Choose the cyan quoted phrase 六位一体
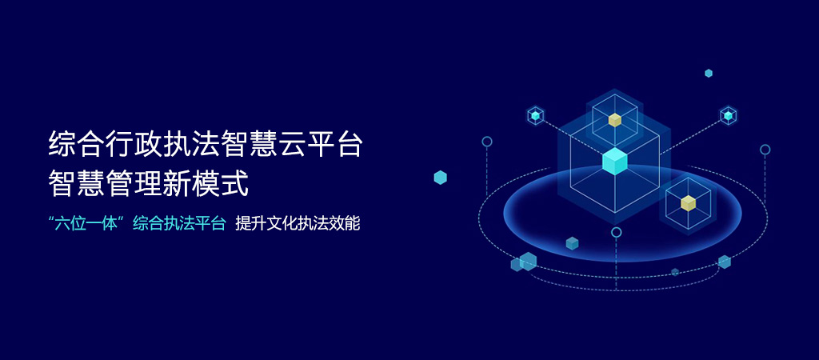tap(88, 224)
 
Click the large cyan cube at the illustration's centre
tap(615, 161)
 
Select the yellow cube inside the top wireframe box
tap(615, 120)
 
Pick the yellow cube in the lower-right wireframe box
tap(689, 202)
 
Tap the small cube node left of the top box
tap(535, 115)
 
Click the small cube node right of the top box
tap(728, 115)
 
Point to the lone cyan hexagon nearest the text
tap(441, 178)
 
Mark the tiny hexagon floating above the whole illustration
tap(709, 73)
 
